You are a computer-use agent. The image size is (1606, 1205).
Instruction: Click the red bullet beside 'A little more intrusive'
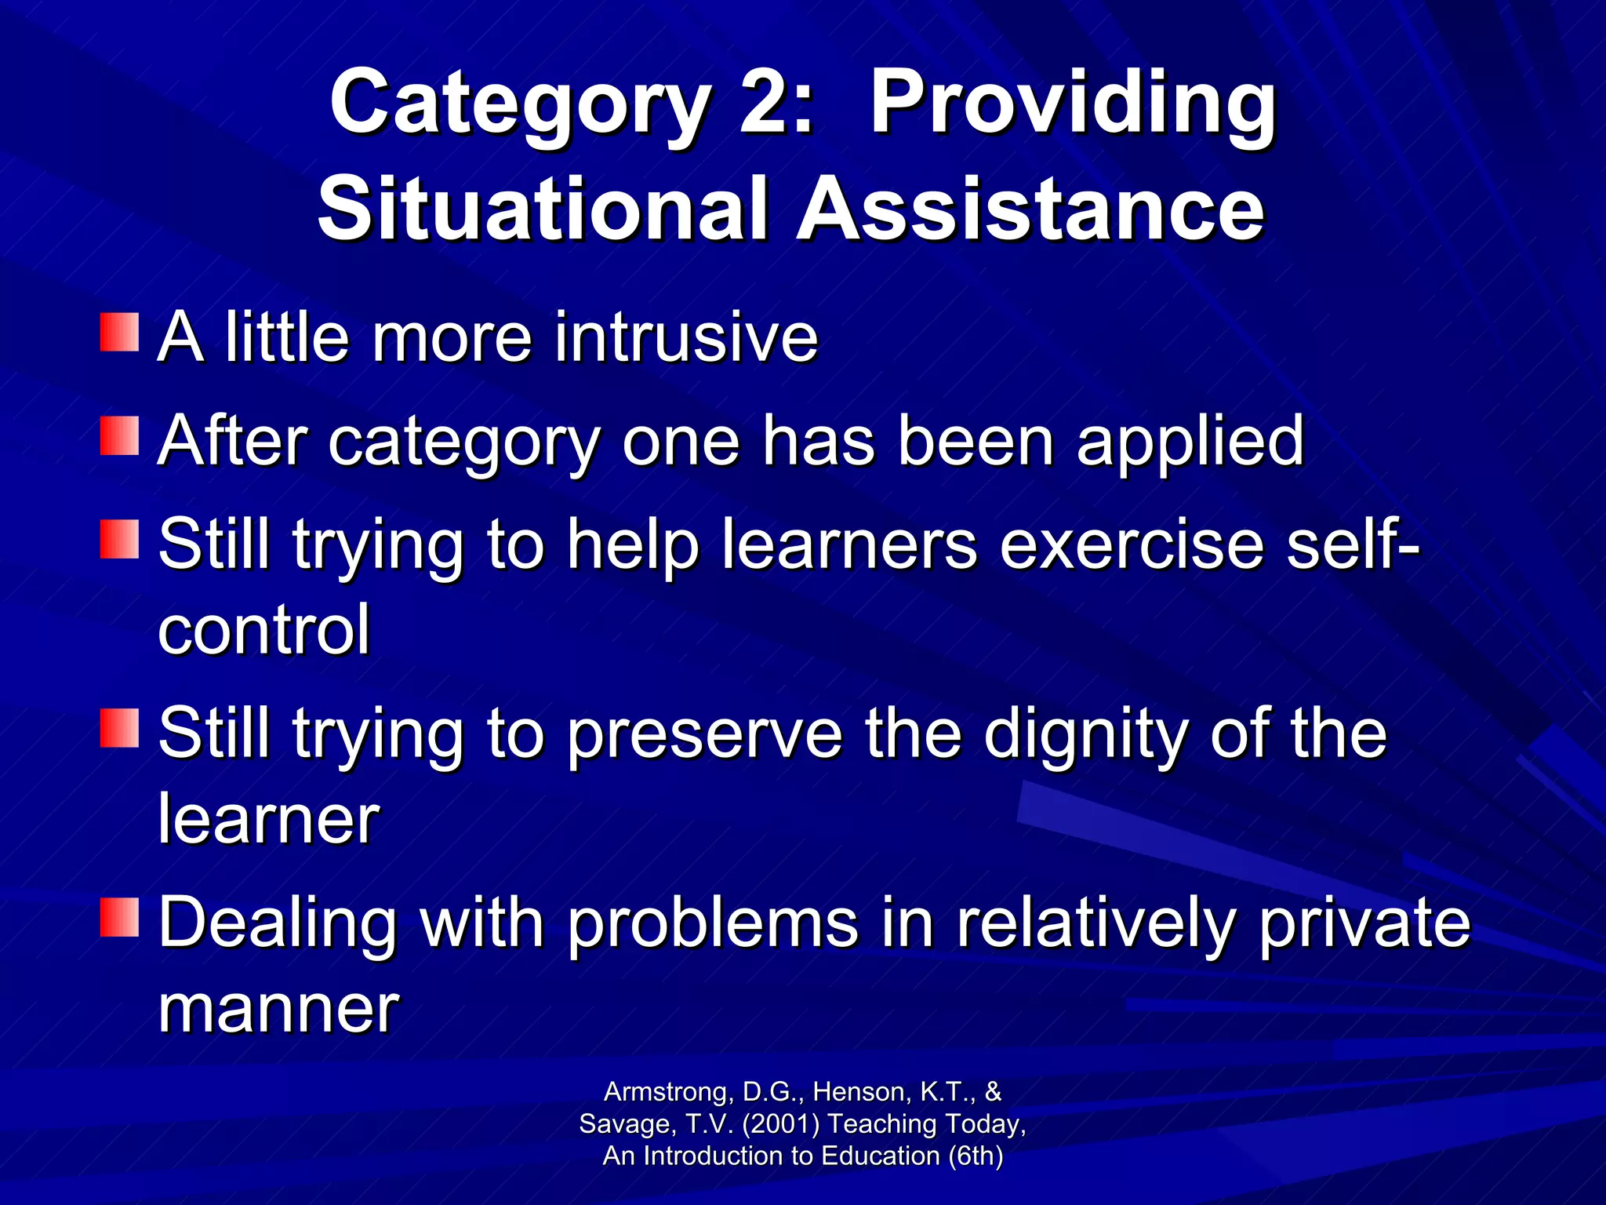coord(119,333)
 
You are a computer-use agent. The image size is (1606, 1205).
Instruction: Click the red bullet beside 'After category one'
coord(119,436)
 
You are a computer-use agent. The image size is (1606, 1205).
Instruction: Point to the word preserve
coord(705,736)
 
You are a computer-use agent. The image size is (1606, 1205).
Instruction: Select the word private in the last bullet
coord(1364,924)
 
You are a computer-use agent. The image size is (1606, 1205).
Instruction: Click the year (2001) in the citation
coord(780,1124)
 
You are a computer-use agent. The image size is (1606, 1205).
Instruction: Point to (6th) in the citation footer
coord(976,1156)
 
